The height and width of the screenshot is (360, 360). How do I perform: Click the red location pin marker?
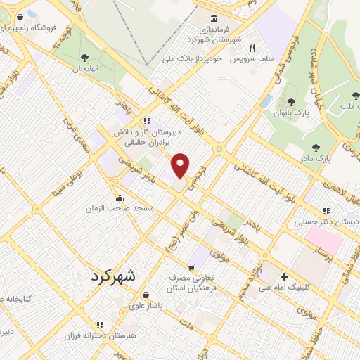(x=181, y=165)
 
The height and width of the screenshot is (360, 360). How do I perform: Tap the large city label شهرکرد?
(x=121, y=276)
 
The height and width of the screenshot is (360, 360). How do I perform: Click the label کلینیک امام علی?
(x=285, y=287)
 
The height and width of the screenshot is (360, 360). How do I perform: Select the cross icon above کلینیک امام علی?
(x=285, y=276)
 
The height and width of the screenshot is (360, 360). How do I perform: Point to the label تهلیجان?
(x=84, y=70)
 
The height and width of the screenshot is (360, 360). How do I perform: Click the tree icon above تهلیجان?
(x=84, y=58)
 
